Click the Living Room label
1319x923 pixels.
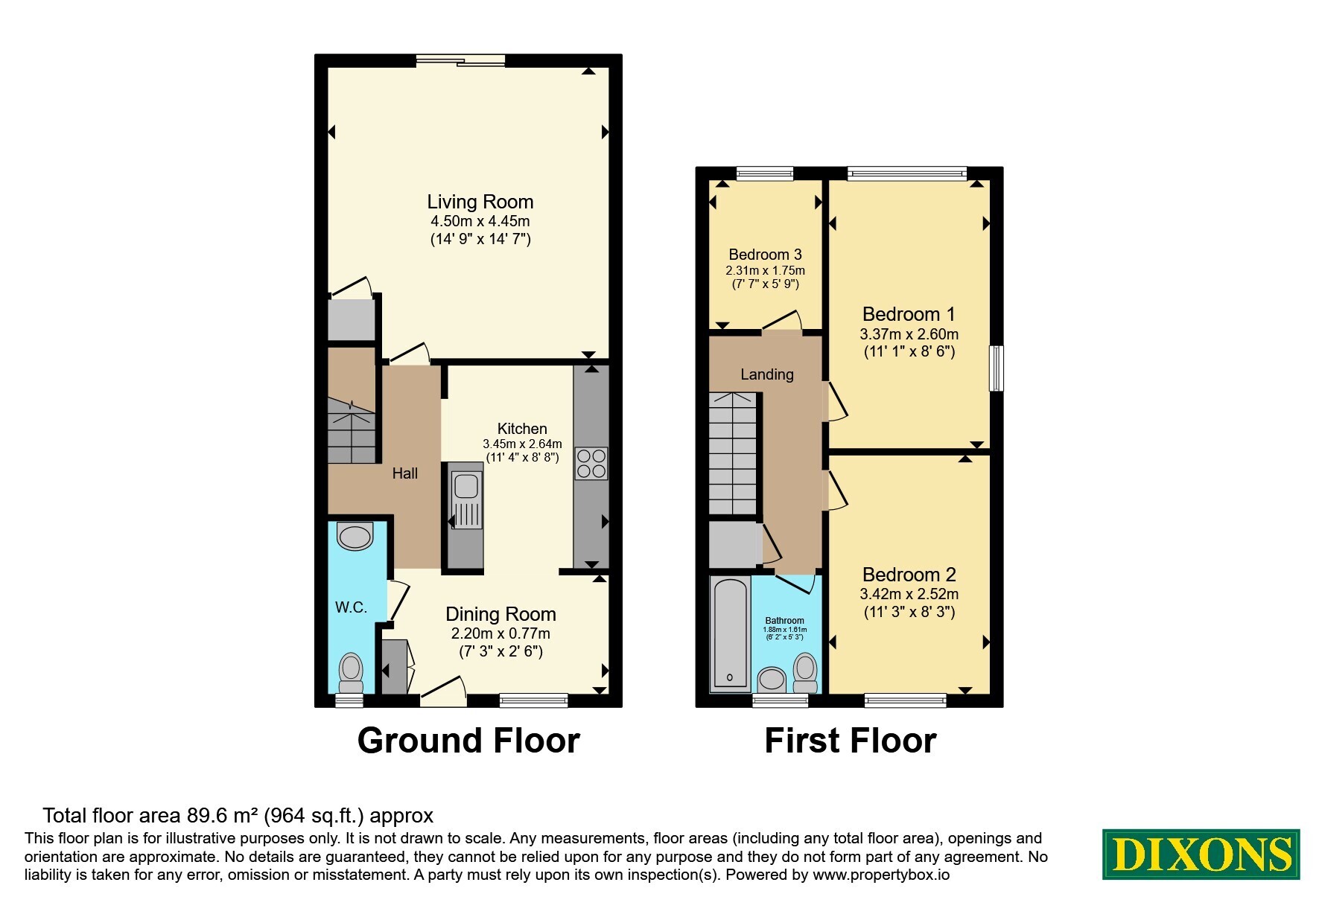point(480,202)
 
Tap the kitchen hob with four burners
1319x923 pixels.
point(591,463)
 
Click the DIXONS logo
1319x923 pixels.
point(1201,854)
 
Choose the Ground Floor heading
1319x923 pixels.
point(468,741)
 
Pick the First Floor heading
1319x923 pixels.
point(851,741)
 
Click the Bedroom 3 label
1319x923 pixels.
point(765,255)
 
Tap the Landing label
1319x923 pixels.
point(767,374)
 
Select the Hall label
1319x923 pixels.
point(405,473)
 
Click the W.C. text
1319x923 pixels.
point(351,607)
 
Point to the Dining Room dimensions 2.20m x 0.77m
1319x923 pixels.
point(500,634)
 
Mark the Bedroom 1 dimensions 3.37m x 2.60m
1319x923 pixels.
point(909,334)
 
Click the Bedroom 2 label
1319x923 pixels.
point(909,575)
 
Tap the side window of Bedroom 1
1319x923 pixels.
point(996,368)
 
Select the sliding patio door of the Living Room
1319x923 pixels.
point(461,60)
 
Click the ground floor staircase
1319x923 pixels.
point(352,430)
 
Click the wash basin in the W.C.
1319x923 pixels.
point(355,536)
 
